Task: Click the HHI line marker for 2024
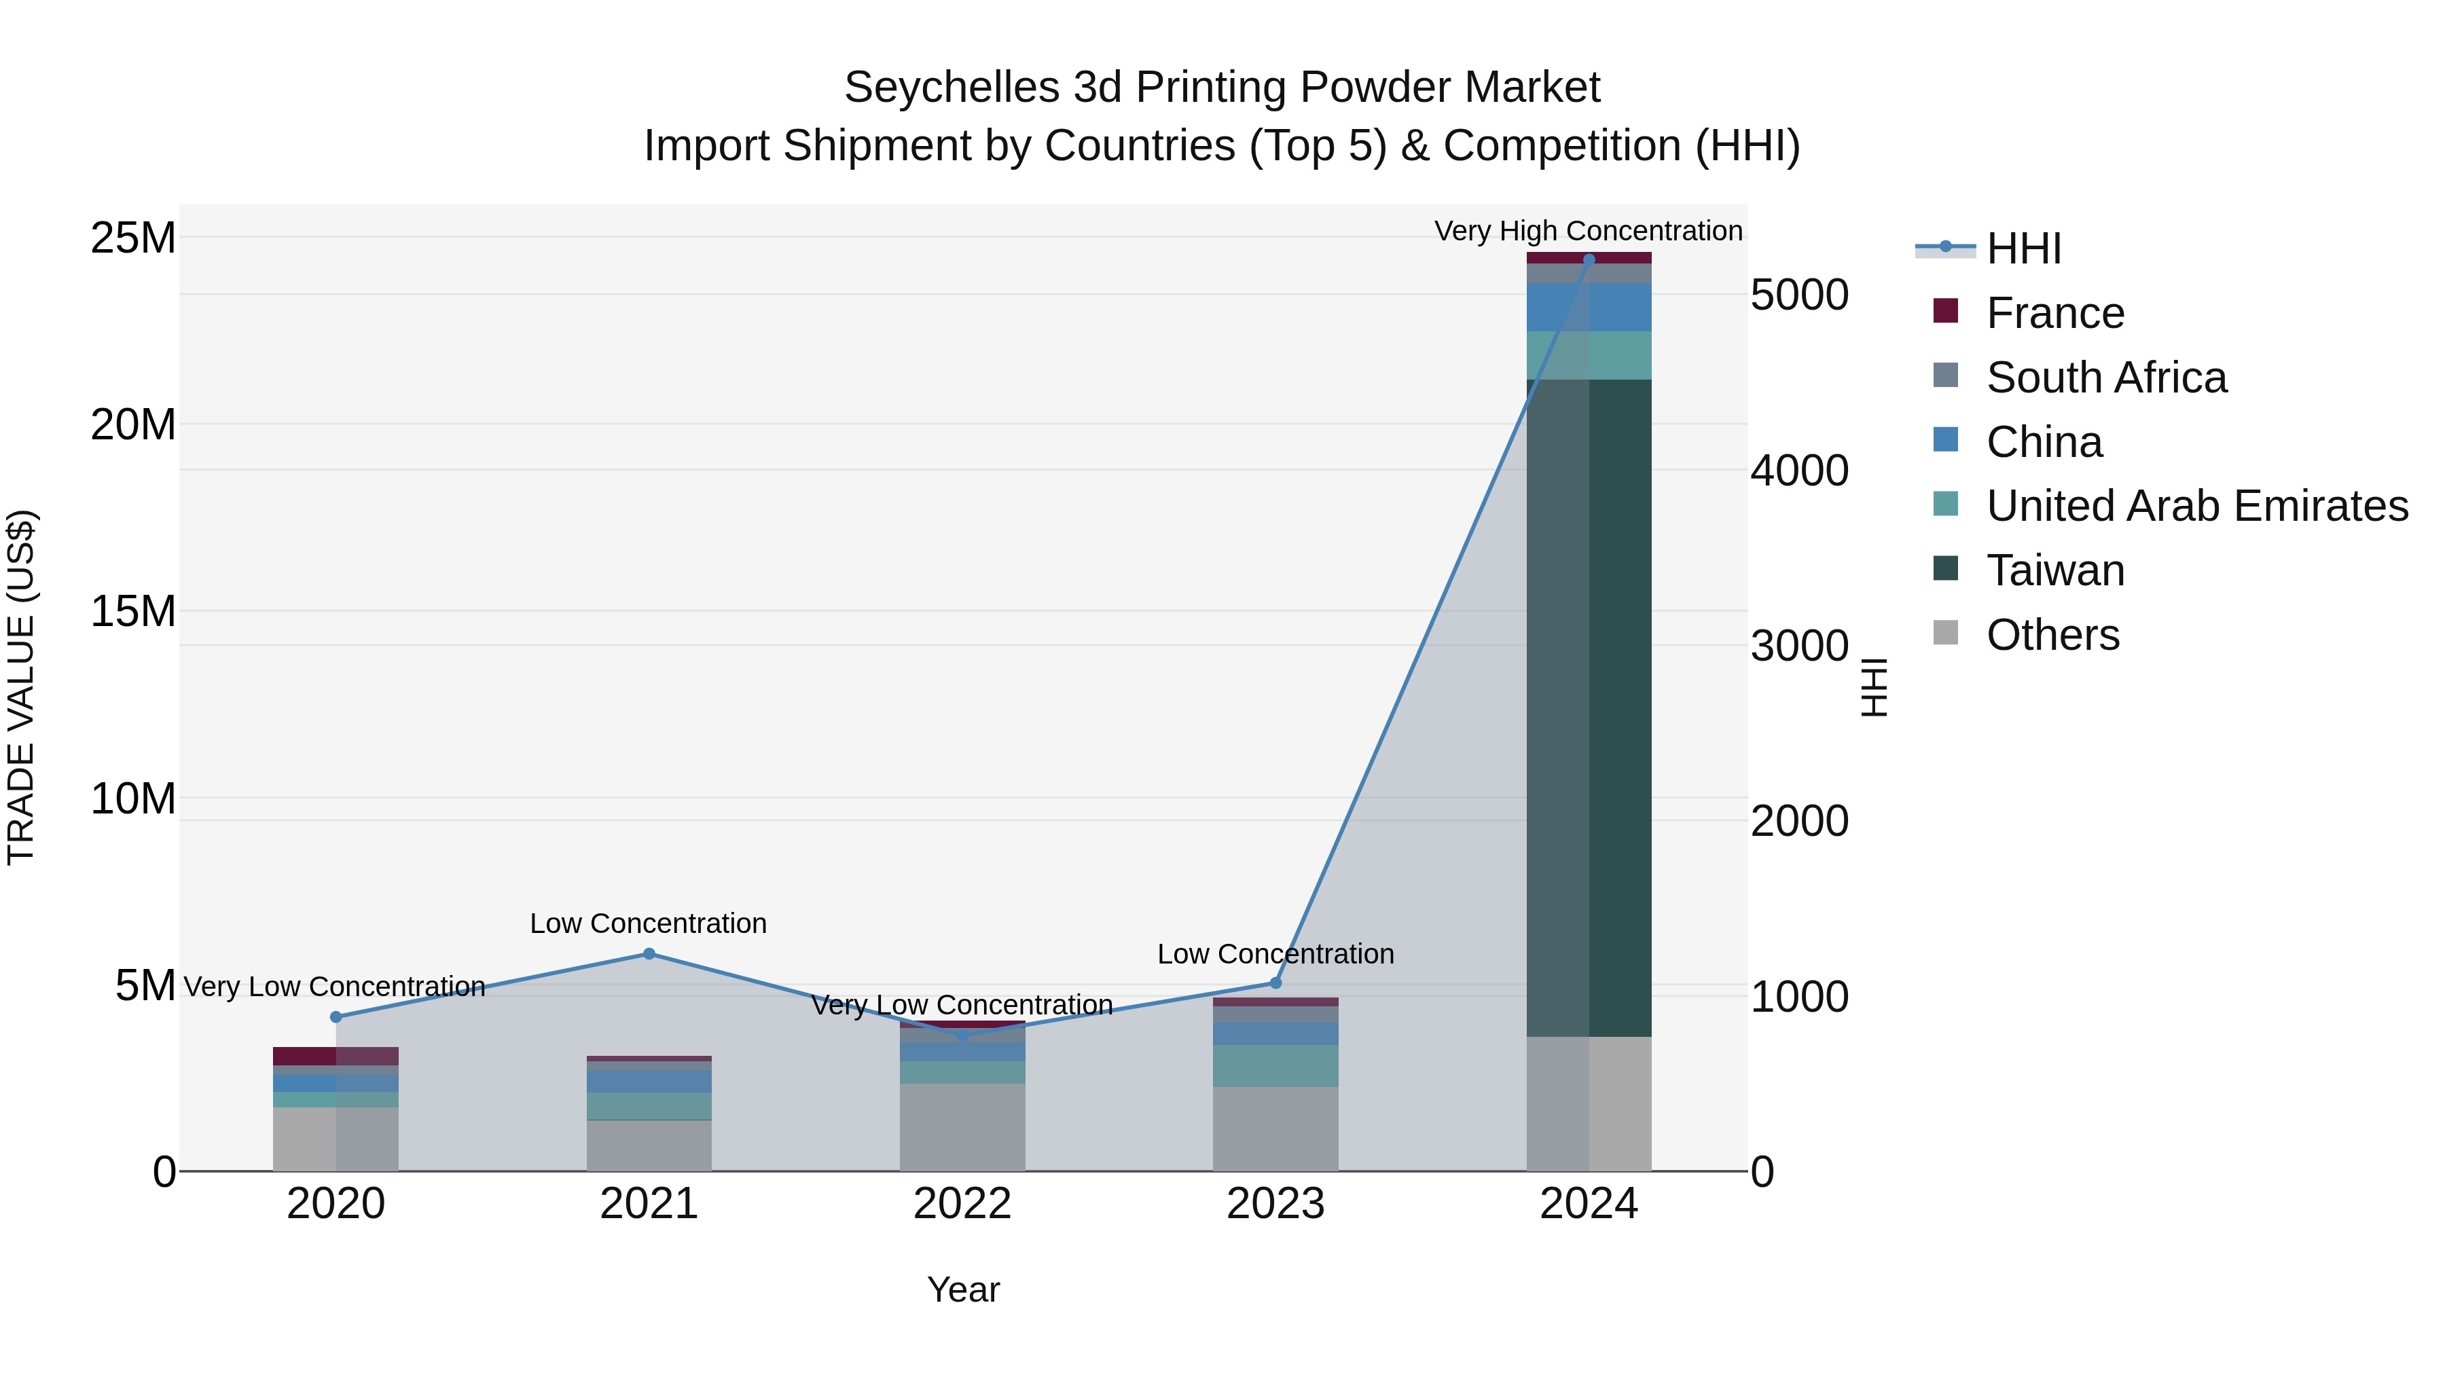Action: pos(1589,259)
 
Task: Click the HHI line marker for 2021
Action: pos(649,954)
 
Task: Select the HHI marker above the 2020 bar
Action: pos(336,1017)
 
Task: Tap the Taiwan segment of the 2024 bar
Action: pos(1589,707)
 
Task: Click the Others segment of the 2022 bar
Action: pos(962,1127)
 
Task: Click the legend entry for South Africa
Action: pos(2105,378)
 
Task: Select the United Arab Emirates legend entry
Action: pos(2196,506)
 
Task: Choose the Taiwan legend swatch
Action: pos(1946,568)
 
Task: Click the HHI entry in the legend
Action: pos(2022,249)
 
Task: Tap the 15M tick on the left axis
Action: pos(133,611)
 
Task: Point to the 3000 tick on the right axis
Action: pos(1798,646)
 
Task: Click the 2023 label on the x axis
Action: pos(1275,1204)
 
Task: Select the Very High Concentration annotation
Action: pos(1588,231)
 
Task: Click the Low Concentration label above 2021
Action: pos(649,923)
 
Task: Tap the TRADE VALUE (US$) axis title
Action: pos(21,687)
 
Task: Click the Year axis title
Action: pos(962,1289)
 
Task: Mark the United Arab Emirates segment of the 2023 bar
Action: pos(1275,1065)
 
